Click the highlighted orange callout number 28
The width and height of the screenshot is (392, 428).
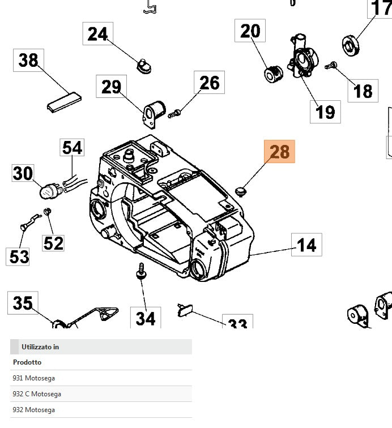click(280, 152)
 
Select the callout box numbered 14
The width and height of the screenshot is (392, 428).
click(306, 245)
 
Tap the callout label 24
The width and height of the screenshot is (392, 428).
click(97, 34)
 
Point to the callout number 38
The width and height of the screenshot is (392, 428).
click(28, 60)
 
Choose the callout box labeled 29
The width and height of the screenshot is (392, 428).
click(112, 87)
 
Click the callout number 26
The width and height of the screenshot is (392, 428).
click(209, 83)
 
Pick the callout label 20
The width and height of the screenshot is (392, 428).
click(250, 31)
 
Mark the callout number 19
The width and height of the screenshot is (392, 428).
click(325, 112)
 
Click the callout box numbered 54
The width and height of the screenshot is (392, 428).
click(72, 148)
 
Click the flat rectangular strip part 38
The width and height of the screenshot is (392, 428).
click(63, 101)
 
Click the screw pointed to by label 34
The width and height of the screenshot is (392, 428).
click(138, 274)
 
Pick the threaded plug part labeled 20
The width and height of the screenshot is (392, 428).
click(273, 74)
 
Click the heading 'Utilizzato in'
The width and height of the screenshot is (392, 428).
click(40, 347)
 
